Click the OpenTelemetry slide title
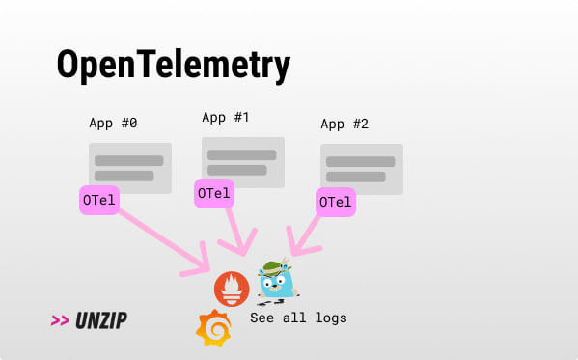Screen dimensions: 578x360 pos(174,66)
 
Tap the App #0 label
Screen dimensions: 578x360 pos(113,124)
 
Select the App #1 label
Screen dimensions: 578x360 pos(226,118)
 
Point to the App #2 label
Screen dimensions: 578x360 pos(344,124)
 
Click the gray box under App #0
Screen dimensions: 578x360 pos(130,168)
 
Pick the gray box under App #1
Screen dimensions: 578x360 pos(243,162)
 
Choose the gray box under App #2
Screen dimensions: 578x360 pos(362,169)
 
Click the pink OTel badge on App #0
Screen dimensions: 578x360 pos(99,200)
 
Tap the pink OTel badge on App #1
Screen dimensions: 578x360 pos(214,193)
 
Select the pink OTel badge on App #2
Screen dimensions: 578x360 pos(336,202)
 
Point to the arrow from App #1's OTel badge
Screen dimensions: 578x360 pos(235,232)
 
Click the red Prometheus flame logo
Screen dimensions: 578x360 pos(232,290)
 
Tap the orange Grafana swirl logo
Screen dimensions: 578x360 pos(213,328)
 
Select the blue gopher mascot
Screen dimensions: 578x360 pos(277,282)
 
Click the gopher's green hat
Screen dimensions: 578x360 pos(275,268)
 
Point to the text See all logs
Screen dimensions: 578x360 pos(298,318)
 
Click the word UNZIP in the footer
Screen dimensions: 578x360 pos(101,320)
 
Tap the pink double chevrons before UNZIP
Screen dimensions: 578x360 pos(60,320)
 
